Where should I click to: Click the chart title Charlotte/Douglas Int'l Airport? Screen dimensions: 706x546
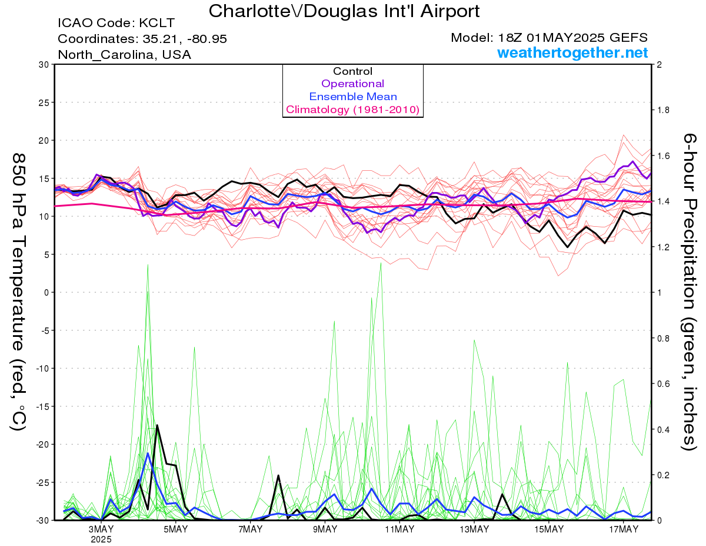(x=344, y=11)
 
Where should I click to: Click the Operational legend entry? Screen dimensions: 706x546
(x=352, y=84)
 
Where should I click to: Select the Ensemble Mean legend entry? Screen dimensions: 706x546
(x=353, y=97)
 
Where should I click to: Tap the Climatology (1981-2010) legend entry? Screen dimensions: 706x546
(x=353, y=110)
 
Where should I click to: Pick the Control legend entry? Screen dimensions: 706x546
(x=352, y=71)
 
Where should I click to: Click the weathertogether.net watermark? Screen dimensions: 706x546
(x=572, y=52)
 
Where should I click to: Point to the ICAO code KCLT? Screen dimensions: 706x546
(x=157, y=23)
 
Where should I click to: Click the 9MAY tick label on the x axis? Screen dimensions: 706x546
(x=325, y=530)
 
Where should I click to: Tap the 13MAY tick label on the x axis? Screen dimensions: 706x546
(x=474, y=530)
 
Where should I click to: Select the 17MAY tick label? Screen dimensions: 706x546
(x=624, y=530)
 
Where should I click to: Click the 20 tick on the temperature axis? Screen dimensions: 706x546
(x=44, y=141)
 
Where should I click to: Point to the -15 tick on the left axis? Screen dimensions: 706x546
(x=42, y=406)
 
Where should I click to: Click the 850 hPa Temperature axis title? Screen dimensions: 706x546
(x=18, y=292)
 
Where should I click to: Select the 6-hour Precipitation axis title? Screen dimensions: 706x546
(x=689, y=292)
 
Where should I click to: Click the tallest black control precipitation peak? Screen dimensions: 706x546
(x=157, y=425)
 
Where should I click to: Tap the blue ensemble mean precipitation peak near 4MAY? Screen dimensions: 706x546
(x=148, y=453)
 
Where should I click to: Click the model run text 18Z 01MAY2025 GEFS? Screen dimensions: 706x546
(x=573, y=38)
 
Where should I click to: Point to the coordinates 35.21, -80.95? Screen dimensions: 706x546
(x=185, y=39)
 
